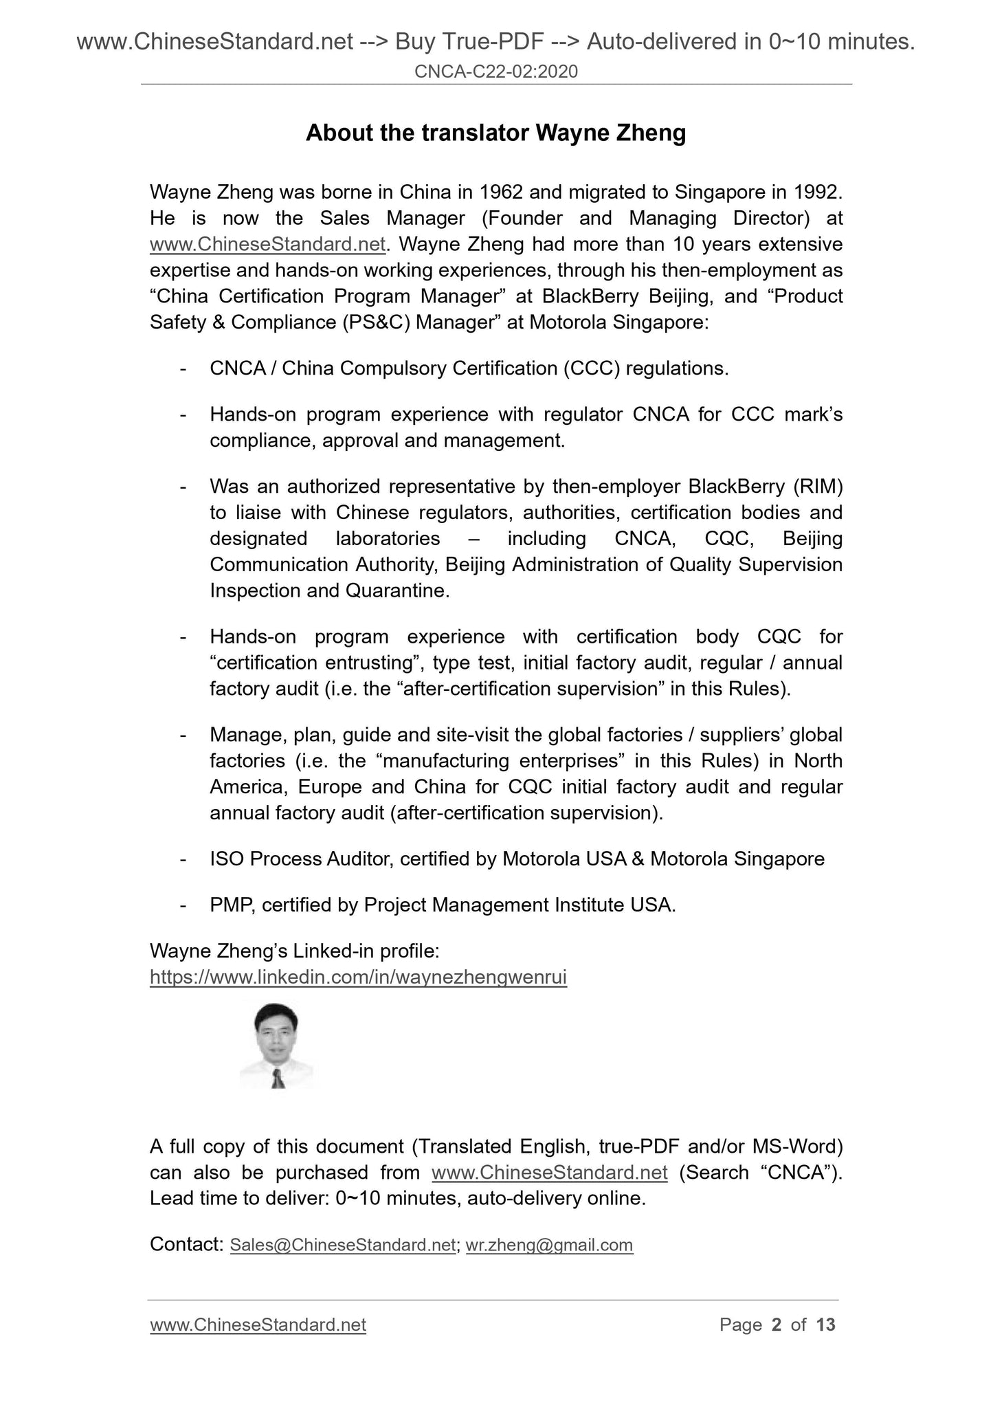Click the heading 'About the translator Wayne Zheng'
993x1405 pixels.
click(x=495, y=133)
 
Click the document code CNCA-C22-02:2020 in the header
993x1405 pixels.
click(x=496, y=71)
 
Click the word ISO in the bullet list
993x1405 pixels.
click(x=227, y=859)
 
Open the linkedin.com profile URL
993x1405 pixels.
click(x=358, y=977)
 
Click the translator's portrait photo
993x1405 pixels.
click(x=276, y=1046)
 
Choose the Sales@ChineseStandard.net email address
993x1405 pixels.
click(x=343, y=1245)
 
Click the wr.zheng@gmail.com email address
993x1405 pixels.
click(x=549, y=1245)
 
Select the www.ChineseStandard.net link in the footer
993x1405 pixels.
click(x=258, y=1325)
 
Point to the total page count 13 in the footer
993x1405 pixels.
click(x=825, y=1325)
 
